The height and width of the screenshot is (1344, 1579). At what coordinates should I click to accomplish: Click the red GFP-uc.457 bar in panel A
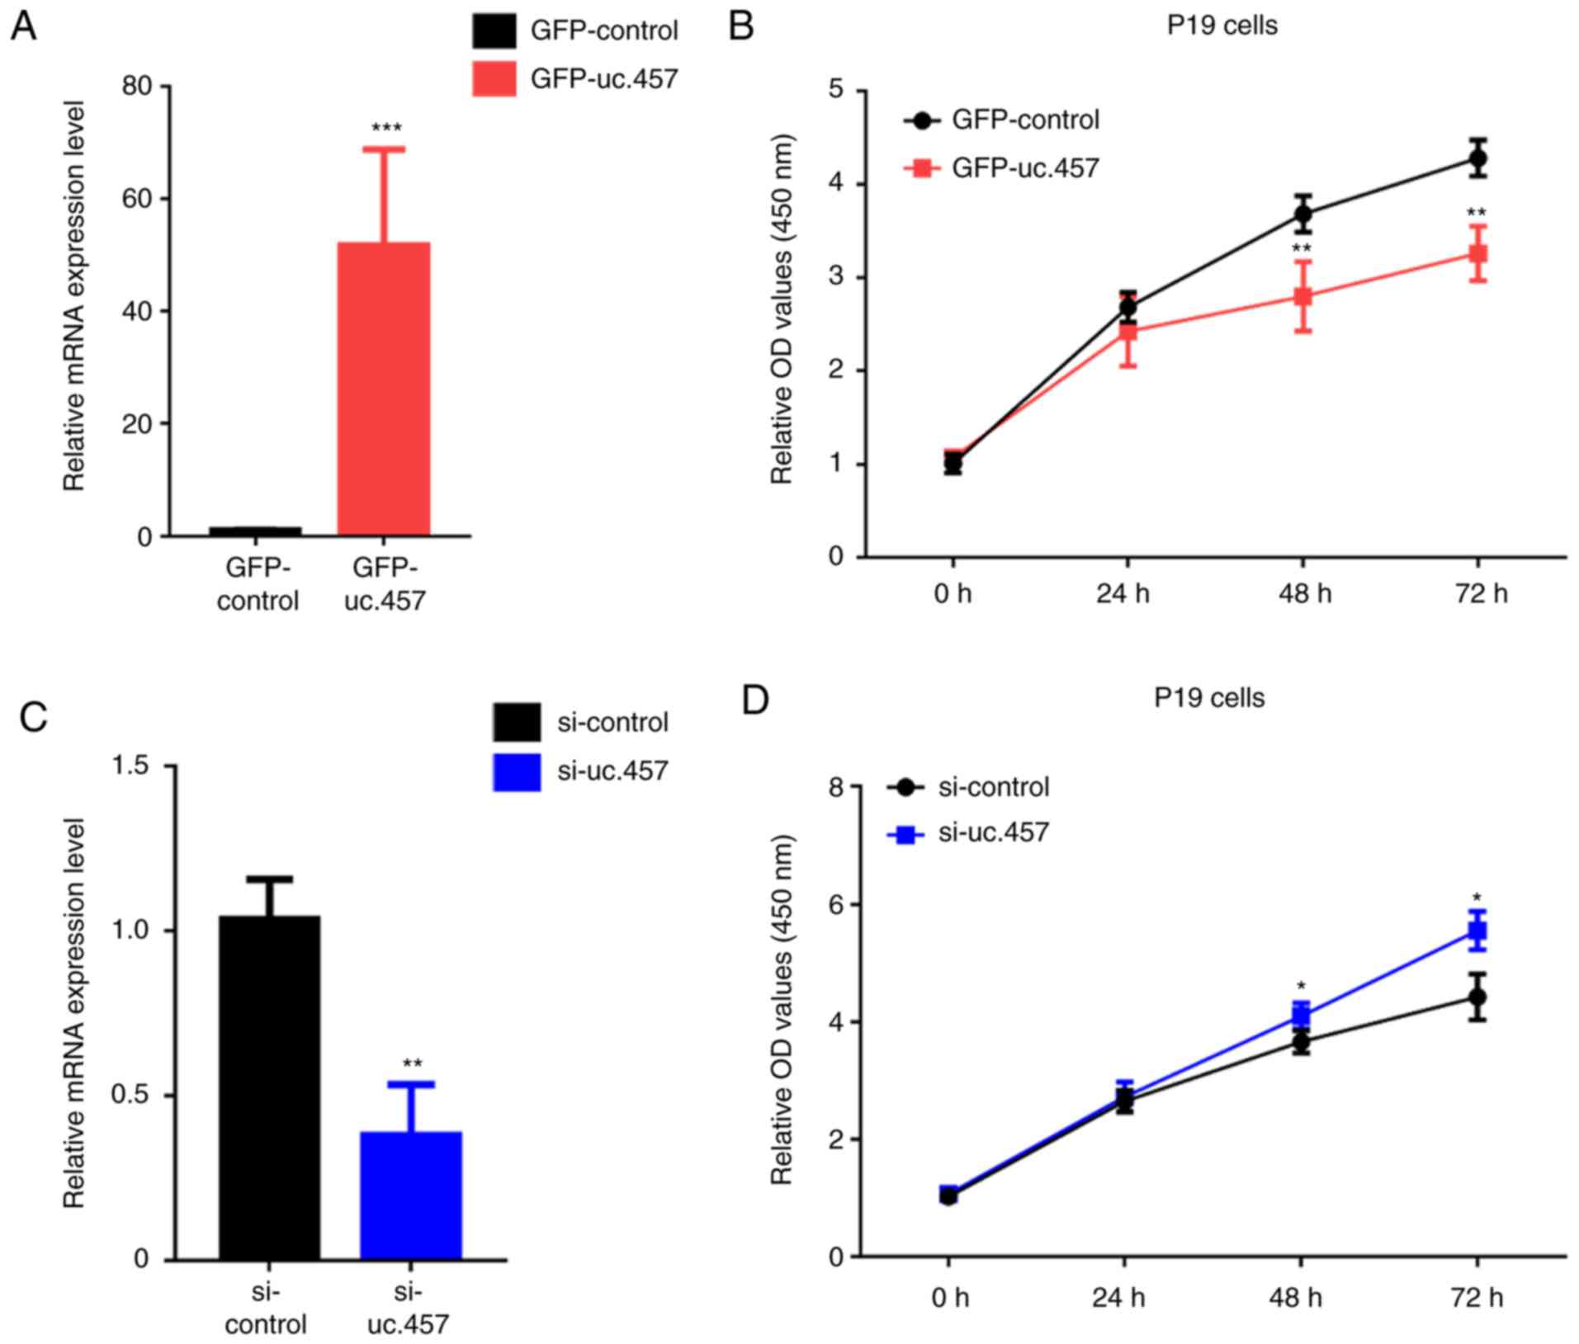(383, 389)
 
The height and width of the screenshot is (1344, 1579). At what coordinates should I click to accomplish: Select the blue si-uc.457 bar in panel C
(410, 1195)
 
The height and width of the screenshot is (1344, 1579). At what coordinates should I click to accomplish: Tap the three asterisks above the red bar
(386, 129)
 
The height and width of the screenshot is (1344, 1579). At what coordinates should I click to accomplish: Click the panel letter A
(23, 26)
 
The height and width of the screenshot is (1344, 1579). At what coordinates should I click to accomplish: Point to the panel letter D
(755, 700)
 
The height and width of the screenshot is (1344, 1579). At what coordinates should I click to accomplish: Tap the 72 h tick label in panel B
(1481, 593)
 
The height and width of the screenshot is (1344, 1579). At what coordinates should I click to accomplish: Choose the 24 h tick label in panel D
(1118, 1298)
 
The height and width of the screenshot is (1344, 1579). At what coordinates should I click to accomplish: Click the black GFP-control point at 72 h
(1477, 158)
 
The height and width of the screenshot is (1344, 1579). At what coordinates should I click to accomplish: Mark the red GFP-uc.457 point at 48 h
(1302, 296)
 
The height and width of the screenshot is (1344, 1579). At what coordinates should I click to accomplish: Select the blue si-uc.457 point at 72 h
(1477, 931)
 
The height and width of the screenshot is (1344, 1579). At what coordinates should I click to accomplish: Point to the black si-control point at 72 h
(1477, 997)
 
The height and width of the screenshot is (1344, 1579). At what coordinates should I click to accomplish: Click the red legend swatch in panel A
(494, 78)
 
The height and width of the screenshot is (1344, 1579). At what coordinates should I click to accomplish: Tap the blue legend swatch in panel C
(517, 771)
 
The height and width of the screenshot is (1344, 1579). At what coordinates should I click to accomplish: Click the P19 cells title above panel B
(1222, 26)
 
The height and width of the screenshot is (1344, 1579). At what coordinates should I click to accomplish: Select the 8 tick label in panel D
(837, 787)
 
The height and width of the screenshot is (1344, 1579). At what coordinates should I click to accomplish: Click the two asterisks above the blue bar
(412, 1063)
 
